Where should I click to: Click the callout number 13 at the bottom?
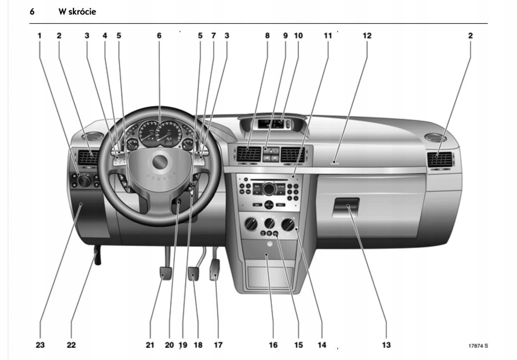pos(386,345)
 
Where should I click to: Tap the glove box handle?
pos(346,206)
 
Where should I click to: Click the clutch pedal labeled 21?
pos(165,273)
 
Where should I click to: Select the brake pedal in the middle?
pos(194,273)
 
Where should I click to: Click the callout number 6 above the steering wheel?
pos(159,36)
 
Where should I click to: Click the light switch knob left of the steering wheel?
pos(84,180)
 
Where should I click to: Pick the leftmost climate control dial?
pos(250,224)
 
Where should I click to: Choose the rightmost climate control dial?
pos(288,224)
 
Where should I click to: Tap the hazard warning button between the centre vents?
pos(271,151)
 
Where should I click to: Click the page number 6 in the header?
pos(32,12)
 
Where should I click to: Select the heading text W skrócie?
pos(77,12)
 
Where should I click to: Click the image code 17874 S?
pos(478,345)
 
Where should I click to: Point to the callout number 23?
pos(40,345)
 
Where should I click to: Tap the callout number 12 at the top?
pos(367,36)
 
